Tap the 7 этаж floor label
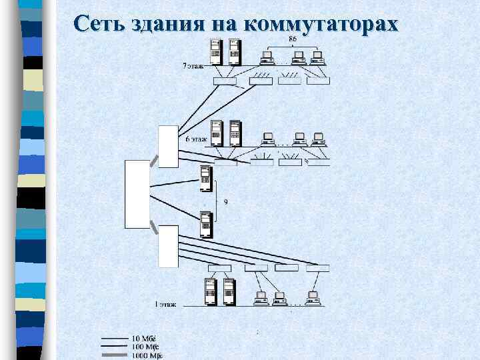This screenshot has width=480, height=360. point(194,66)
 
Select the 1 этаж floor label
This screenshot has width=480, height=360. point(166,304)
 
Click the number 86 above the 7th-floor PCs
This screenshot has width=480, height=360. point(293,39)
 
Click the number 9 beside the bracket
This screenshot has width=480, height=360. point(225,202)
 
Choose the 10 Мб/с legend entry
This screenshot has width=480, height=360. point(144,339)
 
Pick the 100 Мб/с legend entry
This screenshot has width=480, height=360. point(145,347)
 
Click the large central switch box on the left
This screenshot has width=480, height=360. point(137,193)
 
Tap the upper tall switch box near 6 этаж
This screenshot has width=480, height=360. point(168,147)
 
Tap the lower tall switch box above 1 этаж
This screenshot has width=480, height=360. point(168,246)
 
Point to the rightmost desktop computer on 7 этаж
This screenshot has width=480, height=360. point(317,57)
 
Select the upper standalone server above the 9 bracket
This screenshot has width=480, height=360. point(206,178)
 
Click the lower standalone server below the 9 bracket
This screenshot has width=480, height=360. point(206,223)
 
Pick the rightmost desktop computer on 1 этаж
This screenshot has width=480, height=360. point(311,297)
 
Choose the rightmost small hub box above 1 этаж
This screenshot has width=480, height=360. point(318,268)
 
